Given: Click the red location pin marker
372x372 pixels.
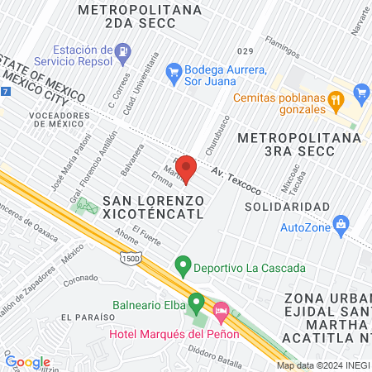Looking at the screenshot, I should (x=186, y=168).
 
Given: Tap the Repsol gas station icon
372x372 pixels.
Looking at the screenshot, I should (x=123, y=51).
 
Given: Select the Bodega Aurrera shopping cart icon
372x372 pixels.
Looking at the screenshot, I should (x=174, y=73).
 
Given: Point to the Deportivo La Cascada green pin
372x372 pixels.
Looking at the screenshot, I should (x=184, y=267).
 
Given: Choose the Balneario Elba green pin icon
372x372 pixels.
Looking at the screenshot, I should (x=196, y=303).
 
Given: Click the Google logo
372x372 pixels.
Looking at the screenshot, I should (x=27, y=361).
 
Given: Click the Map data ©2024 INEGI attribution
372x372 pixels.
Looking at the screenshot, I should (x=323, y=365).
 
